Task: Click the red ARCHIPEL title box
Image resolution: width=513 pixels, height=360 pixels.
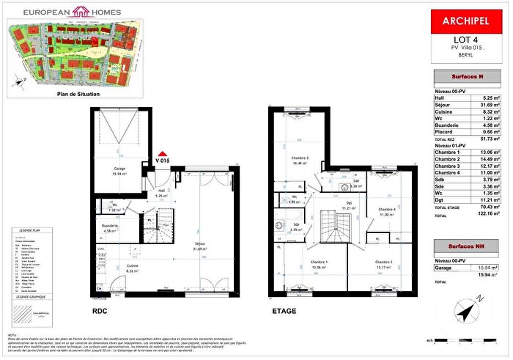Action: click(x=467, y=22)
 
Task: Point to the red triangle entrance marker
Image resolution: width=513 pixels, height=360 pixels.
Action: click(x=162, y=151)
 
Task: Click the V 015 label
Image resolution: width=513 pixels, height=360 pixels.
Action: click(x=163, y=161)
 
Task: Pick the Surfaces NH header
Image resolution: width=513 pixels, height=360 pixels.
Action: click(x=467, y=247)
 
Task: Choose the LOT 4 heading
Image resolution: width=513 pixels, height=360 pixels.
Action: click(x=467, y=40)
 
